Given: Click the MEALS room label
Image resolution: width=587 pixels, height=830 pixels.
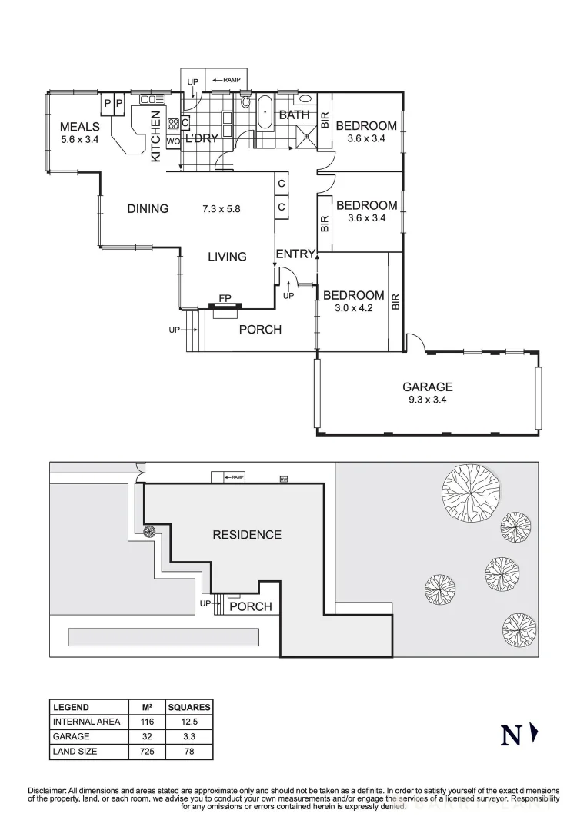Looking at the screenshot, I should pyautogui.click(x=80, y=127).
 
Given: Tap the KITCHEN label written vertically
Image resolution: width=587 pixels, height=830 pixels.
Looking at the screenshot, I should pyautogui.click(x=155, y=136).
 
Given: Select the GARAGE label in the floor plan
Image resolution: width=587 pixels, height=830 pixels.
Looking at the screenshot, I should pyautogui.click(x=428, y=387).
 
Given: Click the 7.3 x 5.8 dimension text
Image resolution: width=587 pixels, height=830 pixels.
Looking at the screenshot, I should pyautogui.click(x=222, y=208).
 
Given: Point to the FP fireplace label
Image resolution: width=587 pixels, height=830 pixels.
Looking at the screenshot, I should pyautogui.click(x=225, y=298).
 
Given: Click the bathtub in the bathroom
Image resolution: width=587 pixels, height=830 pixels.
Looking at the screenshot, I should pyautogui.click(x=265, y=112).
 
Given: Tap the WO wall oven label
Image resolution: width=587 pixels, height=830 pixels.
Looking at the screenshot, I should pyautogui.click(x=172, y=141).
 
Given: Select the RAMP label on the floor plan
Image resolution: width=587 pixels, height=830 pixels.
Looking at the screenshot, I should pyautogui.click(x=232, y=79).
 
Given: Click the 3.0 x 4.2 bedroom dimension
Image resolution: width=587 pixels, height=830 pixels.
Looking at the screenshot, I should pyautogui.click(x=353, y=308).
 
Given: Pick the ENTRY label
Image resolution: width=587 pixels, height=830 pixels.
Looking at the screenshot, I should pyautogui.click(x=294, y=254).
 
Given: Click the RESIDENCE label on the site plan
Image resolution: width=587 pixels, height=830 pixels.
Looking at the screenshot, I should pyautogui.click(x=247, y=535).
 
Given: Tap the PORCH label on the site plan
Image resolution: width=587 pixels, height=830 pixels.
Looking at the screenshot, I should pyautogui.click(x=251, y=606).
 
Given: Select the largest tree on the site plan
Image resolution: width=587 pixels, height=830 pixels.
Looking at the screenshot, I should pyautogui.click(x=471, y=490).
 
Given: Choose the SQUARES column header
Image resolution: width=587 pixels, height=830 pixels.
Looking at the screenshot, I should pyautogui.click(x=188, y=707).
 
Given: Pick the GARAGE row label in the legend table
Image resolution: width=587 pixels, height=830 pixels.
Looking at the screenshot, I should pyautogui.click(x=72, y=737).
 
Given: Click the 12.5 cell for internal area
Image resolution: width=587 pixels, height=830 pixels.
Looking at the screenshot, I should pyautogui.click(x=188, y=722).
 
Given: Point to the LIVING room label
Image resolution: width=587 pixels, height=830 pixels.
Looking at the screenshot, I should pyautogui.click(x=227, y=257).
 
